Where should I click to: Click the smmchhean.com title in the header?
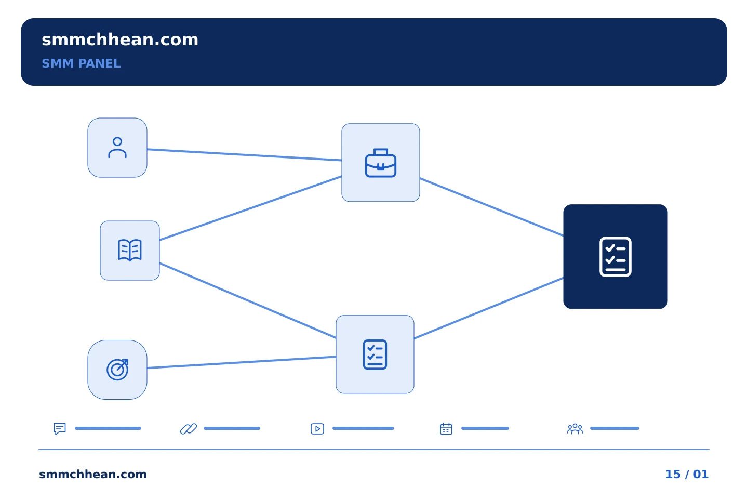pos(120,40)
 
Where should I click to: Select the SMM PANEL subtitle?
pos(81,63)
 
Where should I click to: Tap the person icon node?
pos(117,148)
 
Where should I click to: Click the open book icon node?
pos(130,251)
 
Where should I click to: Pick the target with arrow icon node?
pos(117,370)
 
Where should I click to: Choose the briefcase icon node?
pos(381,162)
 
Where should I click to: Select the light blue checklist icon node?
pos(375,354)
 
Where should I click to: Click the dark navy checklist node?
pos(616,256)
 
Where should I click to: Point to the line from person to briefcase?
pos(244,155)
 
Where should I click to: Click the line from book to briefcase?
pos(250,208)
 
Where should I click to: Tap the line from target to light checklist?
pos(242,362)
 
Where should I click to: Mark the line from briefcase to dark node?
pos(491,207)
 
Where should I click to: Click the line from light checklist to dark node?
pos(489,308)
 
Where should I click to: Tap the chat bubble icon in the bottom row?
pos(60,428)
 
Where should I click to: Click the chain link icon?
pos(189,428)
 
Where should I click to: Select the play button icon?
pos(317,428)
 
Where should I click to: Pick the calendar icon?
pos(446,428)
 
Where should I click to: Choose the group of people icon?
pos(575,428)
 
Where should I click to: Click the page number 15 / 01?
pos(687,474)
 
